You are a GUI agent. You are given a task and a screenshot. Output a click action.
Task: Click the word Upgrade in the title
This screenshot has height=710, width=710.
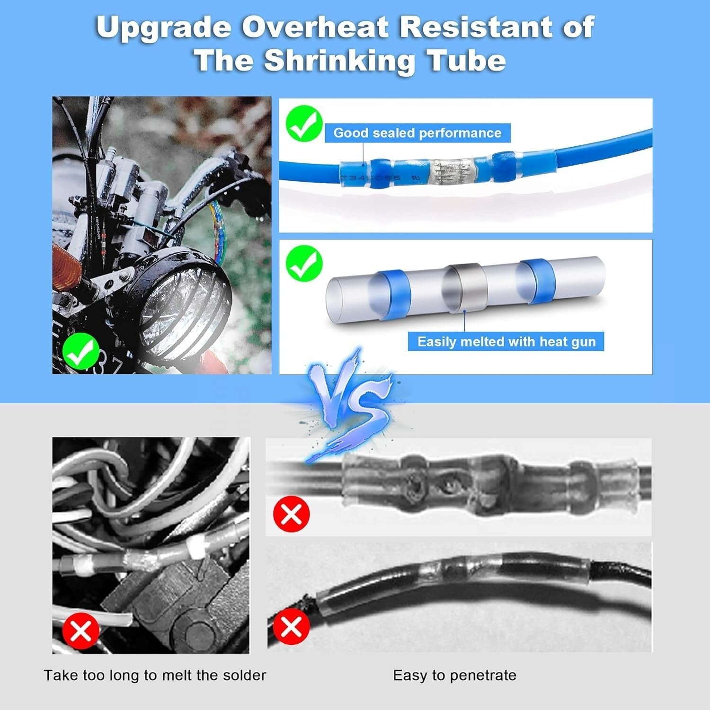[x=163, y=27]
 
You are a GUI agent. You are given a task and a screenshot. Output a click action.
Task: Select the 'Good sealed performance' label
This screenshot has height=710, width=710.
[x=417, y=133]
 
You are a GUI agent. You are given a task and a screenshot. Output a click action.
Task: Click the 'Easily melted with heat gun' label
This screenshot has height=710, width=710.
[x=506, y=341]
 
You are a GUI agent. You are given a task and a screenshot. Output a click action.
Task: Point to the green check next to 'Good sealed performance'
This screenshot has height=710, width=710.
[x=304, y=123]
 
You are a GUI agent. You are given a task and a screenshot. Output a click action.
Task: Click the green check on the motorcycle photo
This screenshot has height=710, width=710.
[x=81, y=351]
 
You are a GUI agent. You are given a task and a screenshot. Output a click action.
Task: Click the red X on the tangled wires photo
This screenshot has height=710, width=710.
[x=81, y=630]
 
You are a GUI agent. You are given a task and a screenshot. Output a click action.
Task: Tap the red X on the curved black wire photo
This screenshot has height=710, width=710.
[x=292, y=627]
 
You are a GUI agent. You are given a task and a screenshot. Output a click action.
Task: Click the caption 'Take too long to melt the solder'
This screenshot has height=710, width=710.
[x=155, y=675]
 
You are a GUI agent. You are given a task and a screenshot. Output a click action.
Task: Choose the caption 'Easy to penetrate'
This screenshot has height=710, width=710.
[x=454, y=675]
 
